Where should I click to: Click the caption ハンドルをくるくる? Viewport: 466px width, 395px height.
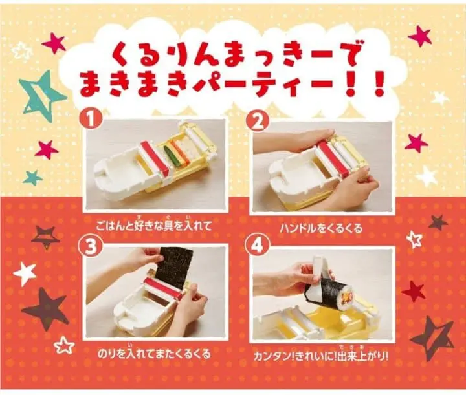coord(321,228)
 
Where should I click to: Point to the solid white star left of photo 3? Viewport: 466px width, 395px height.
coord(25,273)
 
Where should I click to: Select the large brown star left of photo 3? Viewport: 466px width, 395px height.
coord(45,308)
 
